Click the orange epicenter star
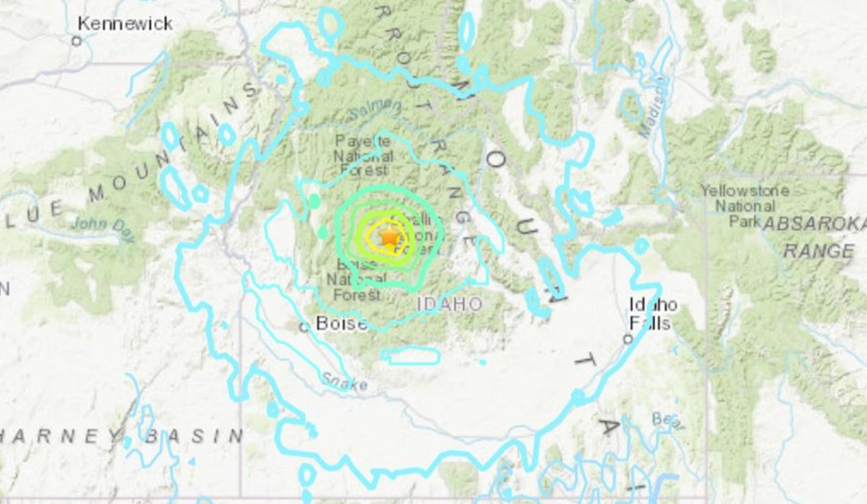[389, 237]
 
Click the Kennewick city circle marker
[76, 41]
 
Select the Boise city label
[342, 324]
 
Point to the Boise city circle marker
[304, 327]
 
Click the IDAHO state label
[449, 304]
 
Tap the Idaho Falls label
[653, 314]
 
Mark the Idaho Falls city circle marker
[628, 338]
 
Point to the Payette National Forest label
[363, 155]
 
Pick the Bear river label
[668, 421]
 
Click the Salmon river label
[373, 111]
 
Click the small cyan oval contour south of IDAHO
[411, 355]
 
